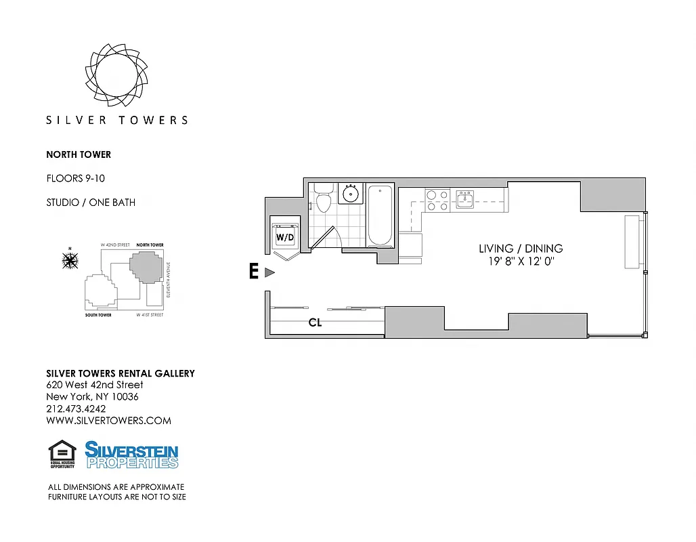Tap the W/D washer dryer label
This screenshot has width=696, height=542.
pos(284,237)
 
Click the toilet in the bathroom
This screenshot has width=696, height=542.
pos(323,201)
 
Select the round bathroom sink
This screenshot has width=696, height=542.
pos(351,194)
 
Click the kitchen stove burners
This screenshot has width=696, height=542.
pos(437,201)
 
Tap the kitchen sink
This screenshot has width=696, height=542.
pos(464,199)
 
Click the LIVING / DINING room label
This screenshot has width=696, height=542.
pos(521,249)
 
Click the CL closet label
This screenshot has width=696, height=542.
pos(315,323)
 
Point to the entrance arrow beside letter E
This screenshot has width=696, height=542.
pos(269,272)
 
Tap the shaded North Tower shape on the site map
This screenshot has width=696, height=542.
pos(146,268)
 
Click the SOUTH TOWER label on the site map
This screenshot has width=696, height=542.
pos(98,315)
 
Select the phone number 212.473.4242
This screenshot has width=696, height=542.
pos(76,409)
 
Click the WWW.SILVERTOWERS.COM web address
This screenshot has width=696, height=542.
pos(108,421)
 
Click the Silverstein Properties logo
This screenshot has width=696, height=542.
pos(131,455)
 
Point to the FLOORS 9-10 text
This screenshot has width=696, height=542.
pos(75,179)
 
